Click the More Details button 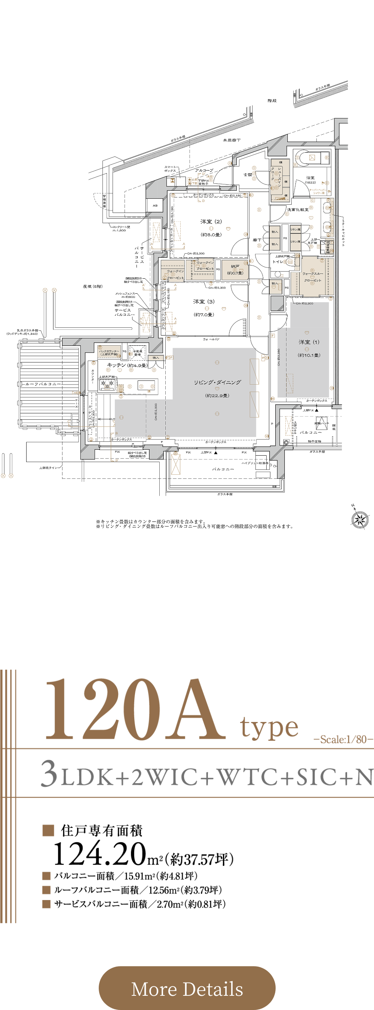(187, 988)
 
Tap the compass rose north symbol (359, 520)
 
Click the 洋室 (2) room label (211, 221)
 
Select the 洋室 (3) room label (204, 302)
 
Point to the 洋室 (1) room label (309, 342)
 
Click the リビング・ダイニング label (217, 382)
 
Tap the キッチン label (116, 365)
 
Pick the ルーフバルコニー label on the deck (43, 384)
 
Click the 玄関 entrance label (248, 175)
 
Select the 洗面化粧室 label (298, 210)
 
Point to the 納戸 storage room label (235, 267)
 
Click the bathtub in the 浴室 (312, 157)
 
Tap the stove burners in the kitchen (107, 383)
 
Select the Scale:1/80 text (343, 740)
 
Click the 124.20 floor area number (100, 854)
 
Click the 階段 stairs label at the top (272, 101)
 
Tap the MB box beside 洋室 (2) (155, 205)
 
